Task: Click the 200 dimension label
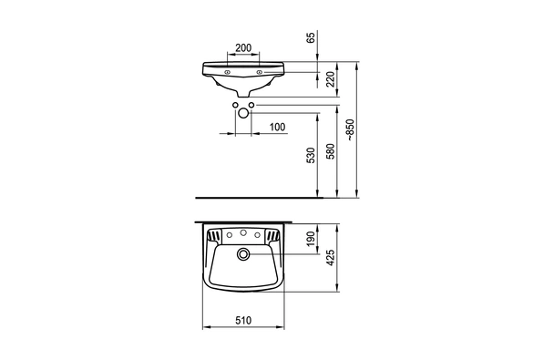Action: [x=243, y=47]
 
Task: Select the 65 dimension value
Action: [x=311, y=37]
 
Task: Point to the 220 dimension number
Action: [x=330, y=79]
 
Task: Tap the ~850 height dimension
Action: [x=350, y=130]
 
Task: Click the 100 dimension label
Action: [x=277, y=127]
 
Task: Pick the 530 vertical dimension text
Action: [x=311, y=156]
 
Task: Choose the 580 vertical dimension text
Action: [x=330, y=151]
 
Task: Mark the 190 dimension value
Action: [x=311, y=239]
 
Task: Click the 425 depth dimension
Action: [x=330, y=258]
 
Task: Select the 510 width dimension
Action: [x=243, y=321]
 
